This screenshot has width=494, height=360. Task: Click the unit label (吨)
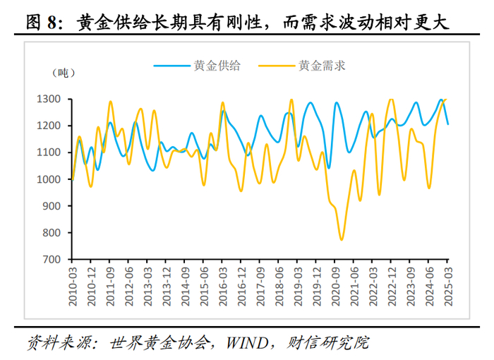click(x=61, y=73)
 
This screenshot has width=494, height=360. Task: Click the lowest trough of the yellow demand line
click(x=342, y=240)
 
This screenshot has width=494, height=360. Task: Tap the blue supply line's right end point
click(x=447, y=124)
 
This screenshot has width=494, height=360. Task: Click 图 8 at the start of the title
click(x=42, y=23)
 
